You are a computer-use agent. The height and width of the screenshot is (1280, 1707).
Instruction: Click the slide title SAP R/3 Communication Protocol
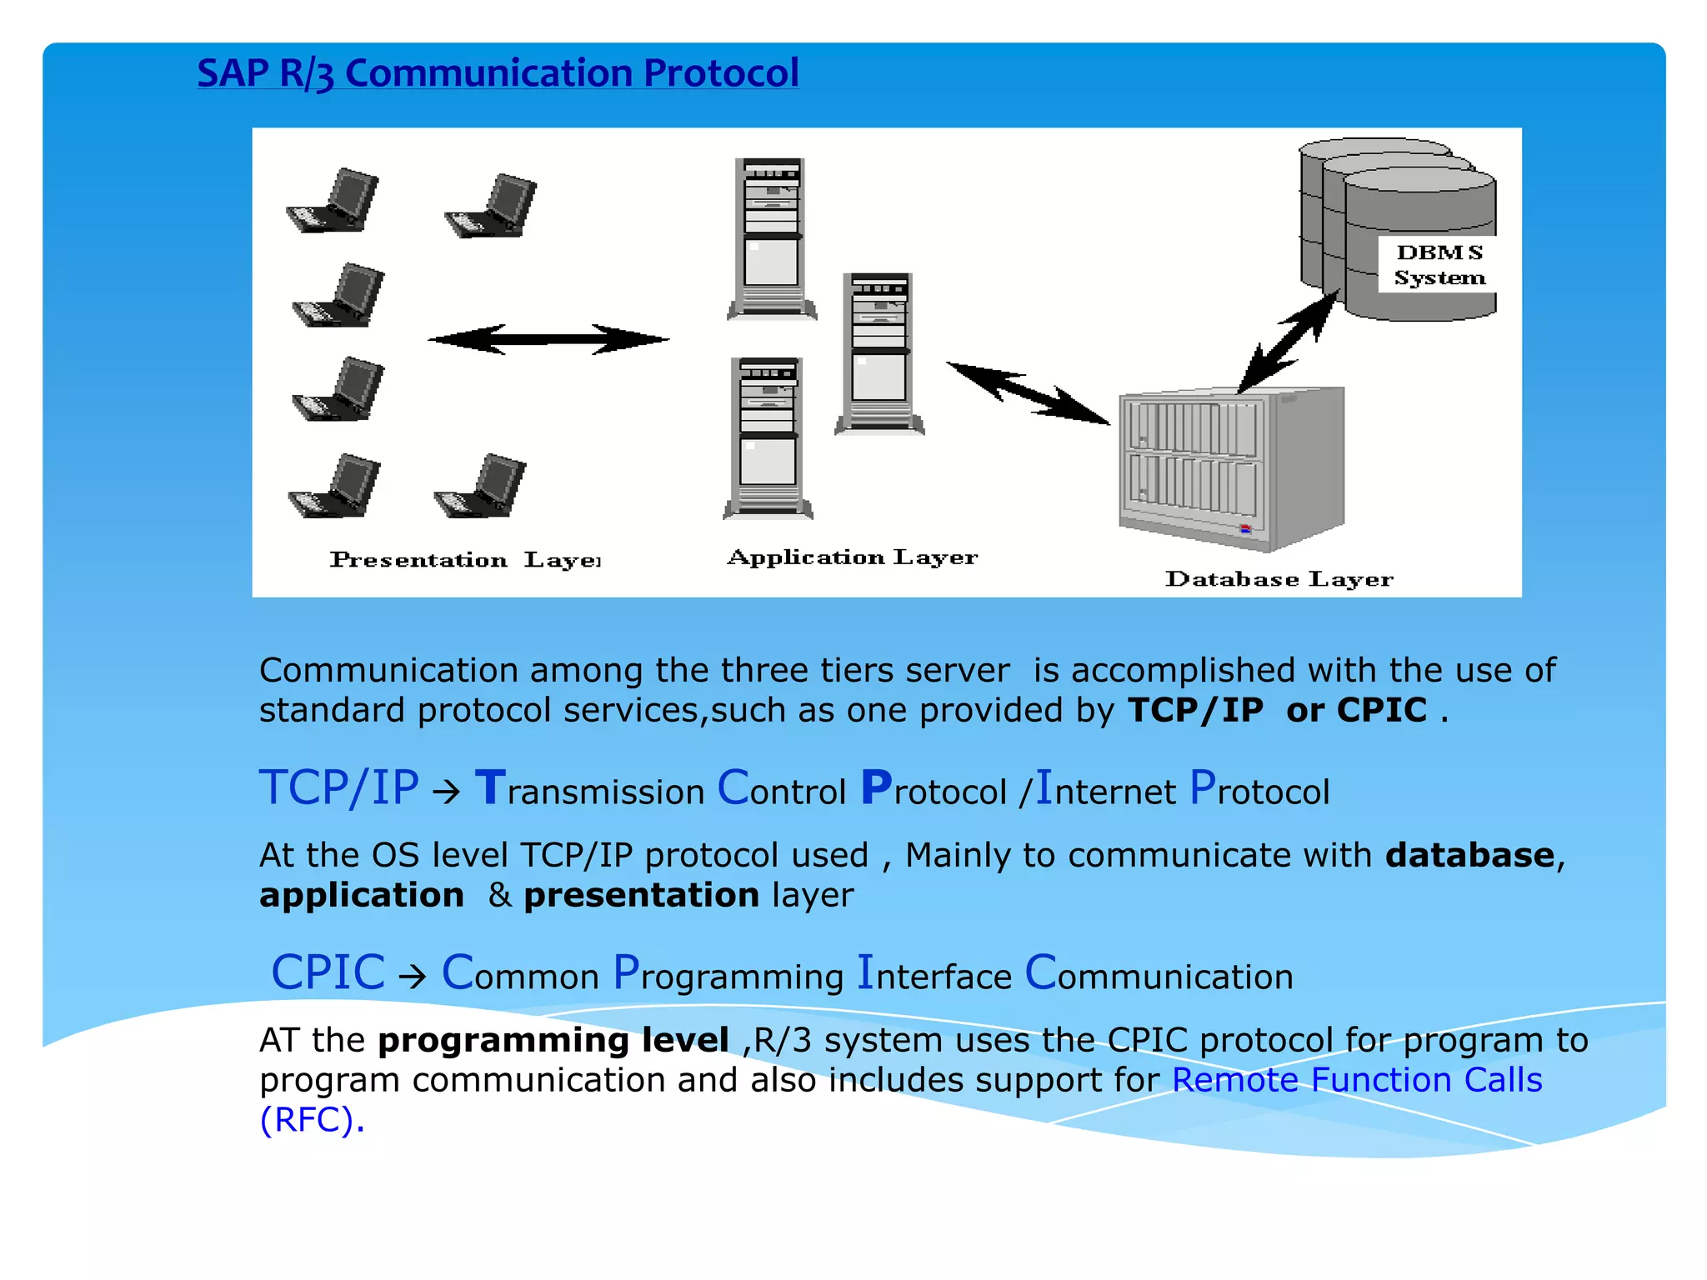pyautogui.click(x=498, y=73)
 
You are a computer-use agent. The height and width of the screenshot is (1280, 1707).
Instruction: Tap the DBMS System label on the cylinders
pyautogui.click(x=1439, y=265)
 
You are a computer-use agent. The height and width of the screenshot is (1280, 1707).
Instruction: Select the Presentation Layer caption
pyautogui.click(x=464, y=560)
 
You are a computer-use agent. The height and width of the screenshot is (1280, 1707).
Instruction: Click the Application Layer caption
pyautogui.click(x=852, y=557)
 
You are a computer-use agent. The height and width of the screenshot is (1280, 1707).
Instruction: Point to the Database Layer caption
pyautogui.click(x=1279, y=578)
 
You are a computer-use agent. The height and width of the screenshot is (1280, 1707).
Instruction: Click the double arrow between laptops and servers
pyautogui.click(x=548, y=339)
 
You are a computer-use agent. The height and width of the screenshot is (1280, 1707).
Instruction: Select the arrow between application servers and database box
pyautogui.click(x=1028, y=393)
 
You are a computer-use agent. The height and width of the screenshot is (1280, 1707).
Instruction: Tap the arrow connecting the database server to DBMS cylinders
pyautogui.click(x=1289, y=342)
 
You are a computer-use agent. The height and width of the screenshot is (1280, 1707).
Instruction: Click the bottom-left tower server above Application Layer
pyautogui.click(x=768, y=438)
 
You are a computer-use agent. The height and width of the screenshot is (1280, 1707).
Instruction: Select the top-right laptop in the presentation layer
pyautogui.click(x=493, y=206)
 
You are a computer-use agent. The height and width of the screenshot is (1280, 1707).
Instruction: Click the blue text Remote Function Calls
pyautogui.click(x=1356, y=1080)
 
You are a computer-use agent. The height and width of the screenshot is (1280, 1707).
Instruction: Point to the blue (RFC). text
pyautogui.click(x=312, y=1120)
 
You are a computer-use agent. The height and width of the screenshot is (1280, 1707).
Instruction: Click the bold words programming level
pyautogui.click(x=553, y=1040)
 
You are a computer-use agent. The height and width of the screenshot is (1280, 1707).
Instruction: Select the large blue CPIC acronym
pyautogui.click(x=328, y=972)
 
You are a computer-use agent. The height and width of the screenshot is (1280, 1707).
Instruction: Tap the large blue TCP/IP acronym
pyautogui.click(x=338, y=787)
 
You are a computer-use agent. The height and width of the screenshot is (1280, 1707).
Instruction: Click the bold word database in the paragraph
pyautogui.click(x=1469, y=855)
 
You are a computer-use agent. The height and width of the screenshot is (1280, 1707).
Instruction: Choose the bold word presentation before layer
pyautogui.click(x=641, y=895)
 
